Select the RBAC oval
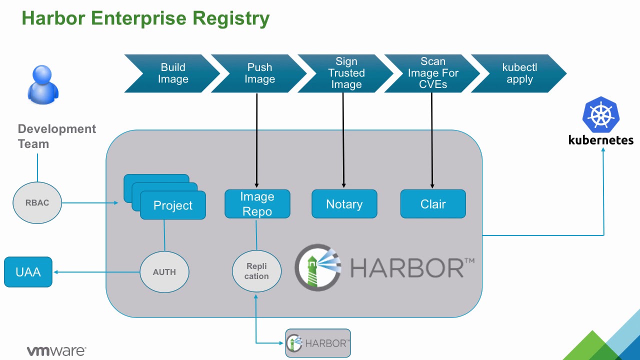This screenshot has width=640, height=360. coord(37,203)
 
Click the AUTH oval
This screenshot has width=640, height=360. coord(164,272)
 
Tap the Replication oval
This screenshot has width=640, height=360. coord(256,271)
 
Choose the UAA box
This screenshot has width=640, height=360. coord(28,272)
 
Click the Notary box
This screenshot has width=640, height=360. coord(344,204)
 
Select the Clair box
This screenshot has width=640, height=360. coord(433,204)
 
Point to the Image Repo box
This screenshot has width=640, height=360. coord(257,204)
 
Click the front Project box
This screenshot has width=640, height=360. coord(173,205)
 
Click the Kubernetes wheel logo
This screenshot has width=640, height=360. coord(600,115)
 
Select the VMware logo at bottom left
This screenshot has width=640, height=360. coord(56,351)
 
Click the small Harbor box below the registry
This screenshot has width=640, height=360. coord(318,343)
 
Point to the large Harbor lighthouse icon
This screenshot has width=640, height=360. coord(318,267)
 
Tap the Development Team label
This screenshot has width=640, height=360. coord(56,136)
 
